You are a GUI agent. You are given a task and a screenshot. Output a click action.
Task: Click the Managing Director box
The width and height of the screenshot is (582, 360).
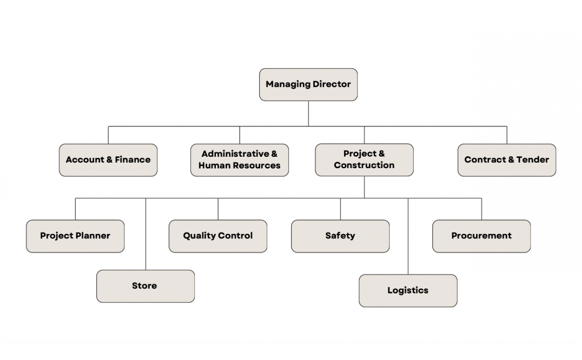(308, 84)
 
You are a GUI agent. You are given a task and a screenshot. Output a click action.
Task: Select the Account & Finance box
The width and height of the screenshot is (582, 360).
(108, 160)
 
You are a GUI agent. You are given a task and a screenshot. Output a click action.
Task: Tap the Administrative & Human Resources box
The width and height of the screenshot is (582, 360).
(240, 160)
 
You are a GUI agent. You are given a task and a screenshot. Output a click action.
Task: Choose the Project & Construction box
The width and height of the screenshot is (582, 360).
(364, 160)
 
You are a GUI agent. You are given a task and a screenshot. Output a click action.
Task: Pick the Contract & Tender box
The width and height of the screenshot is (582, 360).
(507, 160)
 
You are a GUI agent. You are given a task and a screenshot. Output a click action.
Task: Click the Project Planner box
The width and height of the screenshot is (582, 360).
(75, 236)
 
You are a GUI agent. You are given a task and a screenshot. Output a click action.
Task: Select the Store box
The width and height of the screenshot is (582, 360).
(145, 286)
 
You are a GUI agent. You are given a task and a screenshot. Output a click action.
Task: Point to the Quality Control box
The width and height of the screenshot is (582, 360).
(218, 236)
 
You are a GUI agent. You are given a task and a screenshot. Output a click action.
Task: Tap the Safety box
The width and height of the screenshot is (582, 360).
(340, 236)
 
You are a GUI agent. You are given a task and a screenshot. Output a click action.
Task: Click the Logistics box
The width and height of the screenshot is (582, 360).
(408, 291)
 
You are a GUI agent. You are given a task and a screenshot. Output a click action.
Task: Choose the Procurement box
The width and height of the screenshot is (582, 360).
(481, 236)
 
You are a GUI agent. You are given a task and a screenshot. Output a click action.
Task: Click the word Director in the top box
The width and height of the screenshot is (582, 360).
(332, 84)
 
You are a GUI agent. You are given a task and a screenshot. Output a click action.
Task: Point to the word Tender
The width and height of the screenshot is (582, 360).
(533, 159)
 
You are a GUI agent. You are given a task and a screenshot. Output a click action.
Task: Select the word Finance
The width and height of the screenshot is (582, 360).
(133, 159)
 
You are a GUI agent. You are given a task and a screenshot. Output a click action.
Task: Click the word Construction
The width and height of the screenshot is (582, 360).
(364, 165)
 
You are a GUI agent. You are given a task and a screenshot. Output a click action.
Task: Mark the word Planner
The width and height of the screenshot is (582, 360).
(92, 236)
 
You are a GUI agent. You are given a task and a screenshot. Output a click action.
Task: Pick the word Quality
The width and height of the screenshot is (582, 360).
(199, 236)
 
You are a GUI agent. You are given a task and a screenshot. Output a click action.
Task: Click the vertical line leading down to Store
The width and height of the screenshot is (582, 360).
(145, 234)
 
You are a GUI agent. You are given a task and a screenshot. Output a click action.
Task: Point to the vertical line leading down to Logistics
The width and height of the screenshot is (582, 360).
(408, 236)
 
